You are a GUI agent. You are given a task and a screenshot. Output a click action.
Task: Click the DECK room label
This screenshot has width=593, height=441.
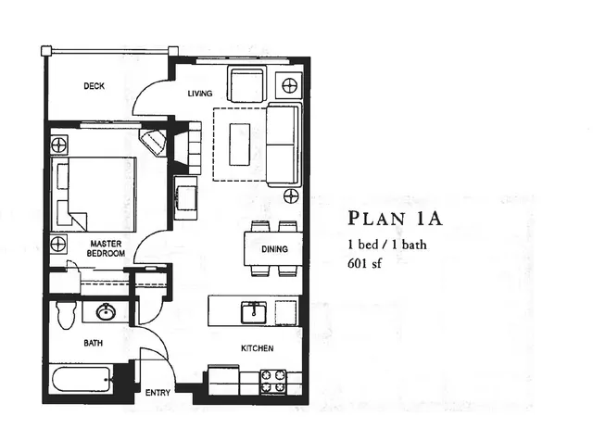coord(94,86)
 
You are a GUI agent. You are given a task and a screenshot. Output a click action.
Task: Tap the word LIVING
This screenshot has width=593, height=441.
coord(200,94)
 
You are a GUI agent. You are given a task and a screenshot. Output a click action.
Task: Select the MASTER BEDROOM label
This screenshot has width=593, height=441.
coord(107,248)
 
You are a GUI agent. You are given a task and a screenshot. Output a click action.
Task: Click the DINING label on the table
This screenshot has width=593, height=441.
coord(274,248)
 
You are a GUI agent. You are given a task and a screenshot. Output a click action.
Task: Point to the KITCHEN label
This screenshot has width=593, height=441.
coord(257,348)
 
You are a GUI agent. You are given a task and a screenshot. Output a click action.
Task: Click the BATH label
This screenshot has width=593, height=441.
coord(94,343)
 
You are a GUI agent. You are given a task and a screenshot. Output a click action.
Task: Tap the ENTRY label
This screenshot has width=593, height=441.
coord(158,393)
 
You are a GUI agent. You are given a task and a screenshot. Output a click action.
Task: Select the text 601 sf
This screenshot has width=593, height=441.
coord(368,263)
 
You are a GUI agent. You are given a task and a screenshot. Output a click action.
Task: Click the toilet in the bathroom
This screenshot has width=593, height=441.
coord(64,312)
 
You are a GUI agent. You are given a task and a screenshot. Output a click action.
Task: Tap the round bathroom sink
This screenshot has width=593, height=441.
coord(106,311)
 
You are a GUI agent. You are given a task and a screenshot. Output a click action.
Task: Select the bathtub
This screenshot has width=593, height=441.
coord(82,379)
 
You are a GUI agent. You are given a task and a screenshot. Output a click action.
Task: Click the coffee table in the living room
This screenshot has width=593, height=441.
coord(239,145)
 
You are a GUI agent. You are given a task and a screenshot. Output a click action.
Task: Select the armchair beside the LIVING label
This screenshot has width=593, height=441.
coord(247,85)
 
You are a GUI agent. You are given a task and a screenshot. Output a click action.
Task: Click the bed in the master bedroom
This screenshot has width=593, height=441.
coord(95,194)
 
